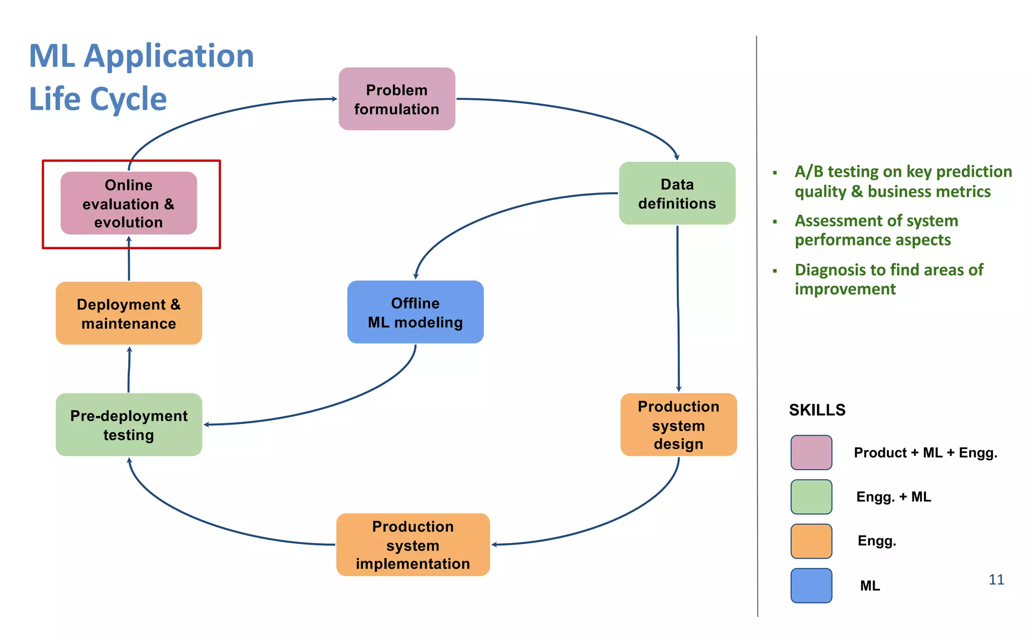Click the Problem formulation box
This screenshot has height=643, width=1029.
click(396, 99)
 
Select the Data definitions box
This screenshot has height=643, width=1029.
click(677, 193)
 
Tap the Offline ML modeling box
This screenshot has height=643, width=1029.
click(415, 312)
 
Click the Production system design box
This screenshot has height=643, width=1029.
click(678, 424)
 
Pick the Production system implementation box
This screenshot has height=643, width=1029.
click(413, 545)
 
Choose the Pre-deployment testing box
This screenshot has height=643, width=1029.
click(129, 424)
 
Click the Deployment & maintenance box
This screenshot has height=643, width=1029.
click(129, 313)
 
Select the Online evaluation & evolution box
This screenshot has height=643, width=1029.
click(129, 203)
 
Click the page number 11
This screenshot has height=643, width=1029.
click(996, 580)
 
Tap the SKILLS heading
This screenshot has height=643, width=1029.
click(817, 410)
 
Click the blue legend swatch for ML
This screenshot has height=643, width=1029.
click(811, 585)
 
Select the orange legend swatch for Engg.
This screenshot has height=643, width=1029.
click(811, 541)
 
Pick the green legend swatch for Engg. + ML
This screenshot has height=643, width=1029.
click(811, 497)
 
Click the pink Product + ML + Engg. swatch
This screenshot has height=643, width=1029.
click(811, 453)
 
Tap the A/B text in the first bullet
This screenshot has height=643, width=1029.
click(808, 172)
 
